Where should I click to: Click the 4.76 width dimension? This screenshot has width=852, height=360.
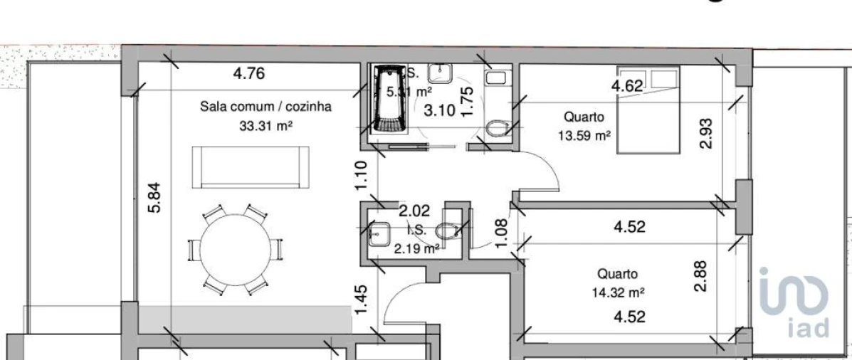[x=249, y=73]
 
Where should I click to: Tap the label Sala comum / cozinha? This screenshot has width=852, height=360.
[x=265, y=107]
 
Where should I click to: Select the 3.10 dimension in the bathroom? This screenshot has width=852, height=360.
[x=439, y=110]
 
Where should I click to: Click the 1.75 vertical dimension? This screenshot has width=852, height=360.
[x=468, y=102]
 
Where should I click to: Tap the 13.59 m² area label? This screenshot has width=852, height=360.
[x=584, y=136]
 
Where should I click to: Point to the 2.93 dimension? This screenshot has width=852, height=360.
[x=706, y=133]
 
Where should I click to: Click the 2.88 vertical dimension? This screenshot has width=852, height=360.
[x=702, y=275]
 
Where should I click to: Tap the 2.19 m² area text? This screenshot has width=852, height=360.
[x=416, y=248]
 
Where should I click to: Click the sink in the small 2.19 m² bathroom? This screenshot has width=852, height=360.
[x=379, y=233]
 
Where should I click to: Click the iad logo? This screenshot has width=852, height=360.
[x=794, y=302]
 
